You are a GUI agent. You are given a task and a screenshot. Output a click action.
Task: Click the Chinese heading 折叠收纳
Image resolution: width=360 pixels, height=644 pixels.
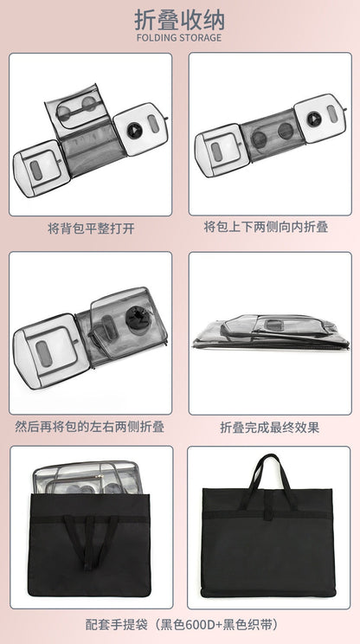(x=179, y=19)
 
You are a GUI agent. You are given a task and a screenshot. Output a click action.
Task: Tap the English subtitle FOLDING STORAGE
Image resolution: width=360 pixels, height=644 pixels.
(x=179, y=38)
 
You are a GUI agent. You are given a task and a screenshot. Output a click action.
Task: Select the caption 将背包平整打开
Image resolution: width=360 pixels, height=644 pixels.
(x=91, y=229)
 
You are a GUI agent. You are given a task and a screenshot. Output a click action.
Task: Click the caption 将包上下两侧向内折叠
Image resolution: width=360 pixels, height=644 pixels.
(x=266, y=227)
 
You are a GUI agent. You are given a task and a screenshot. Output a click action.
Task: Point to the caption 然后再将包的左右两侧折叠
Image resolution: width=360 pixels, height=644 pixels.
(x=90, y=427)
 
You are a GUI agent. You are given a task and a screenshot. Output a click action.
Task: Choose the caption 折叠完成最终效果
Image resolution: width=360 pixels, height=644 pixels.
(x=270, y=427)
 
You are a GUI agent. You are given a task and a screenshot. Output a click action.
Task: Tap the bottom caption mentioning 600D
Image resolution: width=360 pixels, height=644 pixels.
(x=182, y=625)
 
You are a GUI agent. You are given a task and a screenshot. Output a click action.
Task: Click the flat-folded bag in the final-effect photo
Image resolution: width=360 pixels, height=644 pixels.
(x=271, y=332)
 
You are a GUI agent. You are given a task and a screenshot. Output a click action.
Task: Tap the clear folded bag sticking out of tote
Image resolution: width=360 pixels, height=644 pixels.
(x=88, y=478)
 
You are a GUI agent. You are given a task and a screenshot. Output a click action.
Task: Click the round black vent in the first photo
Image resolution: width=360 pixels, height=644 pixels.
(x=134, y=131)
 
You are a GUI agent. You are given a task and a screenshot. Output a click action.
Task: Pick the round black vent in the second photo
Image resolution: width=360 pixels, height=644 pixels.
(x=314, y=119)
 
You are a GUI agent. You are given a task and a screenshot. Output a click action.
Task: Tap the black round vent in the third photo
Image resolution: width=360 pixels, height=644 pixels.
(x=138, y=319)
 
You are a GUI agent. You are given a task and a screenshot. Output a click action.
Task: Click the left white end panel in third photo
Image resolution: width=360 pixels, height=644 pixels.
(x=50, y=351)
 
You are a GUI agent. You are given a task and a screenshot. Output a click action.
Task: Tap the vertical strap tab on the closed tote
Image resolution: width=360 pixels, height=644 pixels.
(x=269, y=506)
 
